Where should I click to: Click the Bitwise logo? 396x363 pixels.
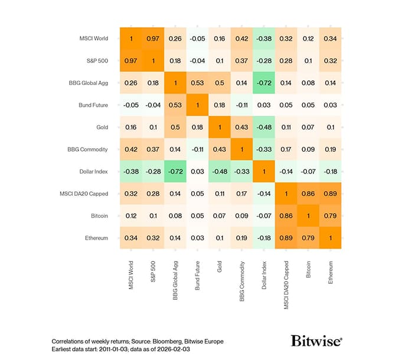316,341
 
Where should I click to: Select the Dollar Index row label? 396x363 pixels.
92,171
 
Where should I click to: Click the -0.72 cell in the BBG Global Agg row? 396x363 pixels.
263,83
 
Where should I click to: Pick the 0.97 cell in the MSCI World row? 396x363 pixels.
152,38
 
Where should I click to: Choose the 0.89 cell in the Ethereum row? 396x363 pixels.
286,237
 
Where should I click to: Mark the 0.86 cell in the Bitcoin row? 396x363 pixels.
286,215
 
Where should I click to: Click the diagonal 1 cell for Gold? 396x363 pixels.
219,127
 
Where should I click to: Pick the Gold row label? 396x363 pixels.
102,127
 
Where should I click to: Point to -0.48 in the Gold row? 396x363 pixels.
263,127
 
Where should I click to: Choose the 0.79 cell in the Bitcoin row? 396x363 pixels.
330,215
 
